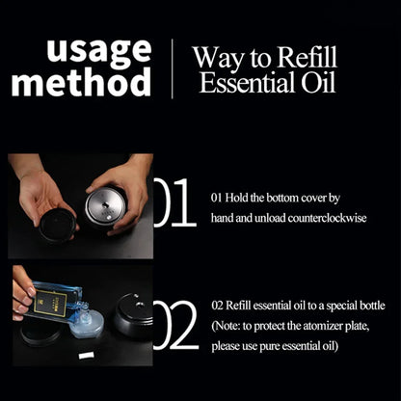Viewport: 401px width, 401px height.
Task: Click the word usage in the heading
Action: tap(99, 50)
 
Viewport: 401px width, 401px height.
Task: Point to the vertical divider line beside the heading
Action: tap(173, 67)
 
